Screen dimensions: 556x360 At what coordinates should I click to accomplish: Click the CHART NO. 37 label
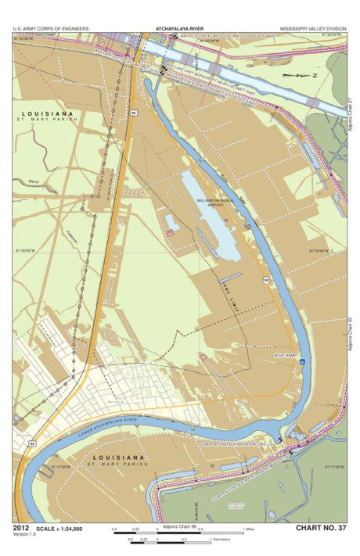[x=320, y=529]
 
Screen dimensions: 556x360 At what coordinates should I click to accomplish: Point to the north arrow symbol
[x=298, y=75]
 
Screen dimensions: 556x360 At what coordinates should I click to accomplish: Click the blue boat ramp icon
[x=302, y=361]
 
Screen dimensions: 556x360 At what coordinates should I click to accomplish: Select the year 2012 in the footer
[x=21, y=529]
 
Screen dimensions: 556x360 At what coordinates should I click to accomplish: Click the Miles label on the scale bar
[x=250, y=529]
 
